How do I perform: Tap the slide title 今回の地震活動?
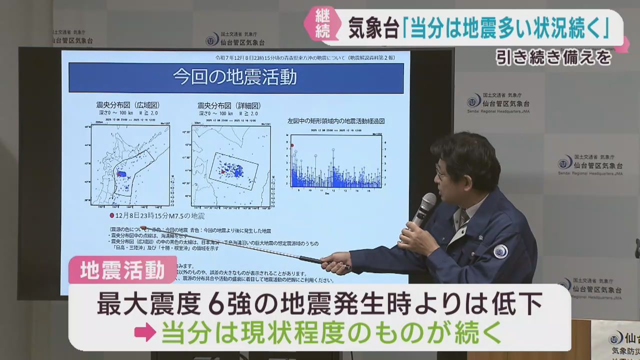235,77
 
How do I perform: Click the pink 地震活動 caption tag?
123,270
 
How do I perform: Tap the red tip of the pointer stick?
143,228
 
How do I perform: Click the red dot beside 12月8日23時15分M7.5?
112,216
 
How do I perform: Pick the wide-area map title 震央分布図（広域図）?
128,105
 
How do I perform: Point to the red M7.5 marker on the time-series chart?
292,145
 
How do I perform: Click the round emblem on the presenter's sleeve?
500,251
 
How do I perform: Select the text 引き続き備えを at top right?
553,58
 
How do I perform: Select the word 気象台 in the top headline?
373,29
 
